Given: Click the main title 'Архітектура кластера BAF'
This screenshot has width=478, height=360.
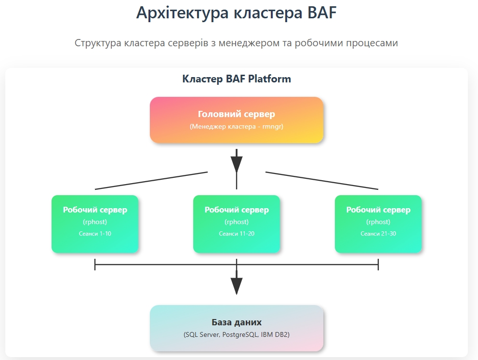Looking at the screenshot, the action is pyautogui.click(x=236, y=13).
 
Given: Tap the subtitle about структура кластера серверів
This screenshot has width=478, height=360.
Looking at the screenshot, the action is pyautogui.click(x=236, y=43).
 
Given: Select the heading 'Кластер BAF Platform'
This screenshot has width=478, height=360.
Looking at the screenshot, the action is pyautogui.click(x=237, y=79).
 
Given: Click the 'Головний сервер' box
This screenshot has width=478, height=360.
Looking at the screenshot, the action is pyautogui.click(x=237, y=120).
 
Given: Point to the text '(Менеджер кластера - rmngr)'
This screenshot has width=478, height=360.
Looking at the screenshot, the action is pyautogui.click(x=237, y=126).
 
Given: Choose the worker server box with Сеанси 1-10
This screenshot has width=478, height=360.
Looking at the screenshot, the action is pyautogui.click(x=95, y=224).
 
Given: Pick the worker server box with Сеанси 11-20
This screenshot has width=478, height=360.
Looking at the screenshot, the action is pyautogui.click(x=237, y=224).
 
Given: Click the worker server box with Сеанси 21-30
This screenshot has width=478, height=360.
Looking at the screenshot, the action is pyautogui.click(x=378, y=224).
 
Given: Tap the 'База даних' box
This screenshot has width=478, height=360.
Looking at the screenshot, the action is pyautogui.click(x=237, y=328).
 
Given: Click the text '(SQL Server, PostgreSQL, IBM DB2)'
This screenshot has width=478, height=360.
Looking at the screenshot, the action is pyautogui.click(x=237, y=335).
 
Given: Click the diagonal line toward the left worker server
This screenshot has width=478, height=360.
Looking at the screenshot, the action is pyautogui.click(x=151, y=181).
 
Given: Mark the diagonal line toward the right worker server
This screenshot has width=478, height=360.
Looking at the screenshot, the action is pyautogui.click(x=322, y=181).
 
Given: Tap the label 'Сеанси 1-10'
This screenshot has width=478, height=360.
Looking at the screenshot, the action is pyautogui.click(x=95, y=234).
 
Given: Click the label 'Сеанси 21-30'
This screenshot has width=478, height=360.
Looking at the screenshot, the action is pyautogui.click(x=378, y=234).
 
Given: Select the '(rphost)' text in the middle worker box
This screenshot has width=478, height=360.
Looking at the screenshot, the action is pyautogui.click(x=237, y=222).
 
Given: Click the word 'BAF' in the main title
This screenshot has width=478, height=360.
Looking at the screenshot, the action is pyautogui.click(x=322, y=13).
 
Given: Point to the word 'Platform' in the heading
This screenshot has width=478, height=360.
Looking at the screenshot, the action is pyautogui.click(x=269, y=79).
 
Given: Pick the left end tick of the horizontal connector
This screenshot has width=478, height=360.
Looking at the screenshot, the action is pyautogui.click(x=95, y=265).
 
